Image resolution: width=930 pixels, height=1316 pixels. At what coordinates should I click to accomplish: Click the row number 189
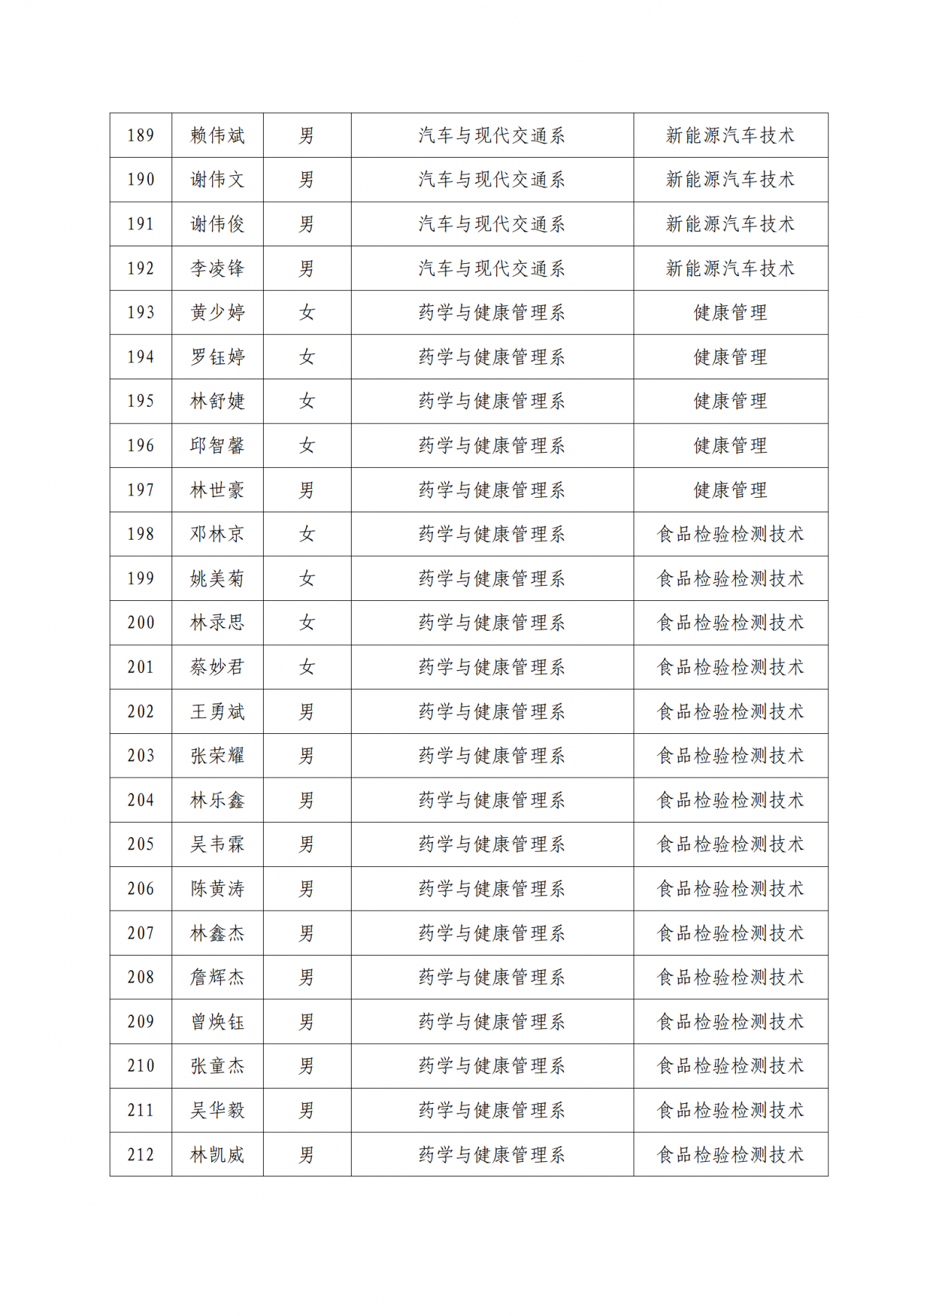point(141,135)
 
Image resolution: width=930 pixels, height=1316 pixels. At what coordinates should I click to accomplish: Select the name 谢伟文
point(217,179)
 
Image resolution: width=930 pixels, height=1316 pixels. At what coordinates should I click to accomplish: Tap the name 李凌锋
point(217,268)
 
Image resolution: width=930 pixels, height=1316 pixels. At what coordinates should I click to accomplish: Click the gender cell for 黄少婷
point(307,312)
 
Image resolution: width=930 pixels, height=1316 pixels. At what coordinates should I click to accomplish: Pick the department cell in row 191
point(492,224)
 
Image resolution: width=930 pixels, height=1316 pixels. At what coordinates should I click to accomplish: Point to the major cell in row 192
point(730,268)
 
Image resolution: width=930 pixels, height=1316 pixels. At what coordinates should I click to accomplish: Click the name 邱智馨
point(217,445)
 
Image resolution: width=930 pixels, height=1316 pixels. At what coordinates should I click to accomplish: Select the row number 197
point(141,490)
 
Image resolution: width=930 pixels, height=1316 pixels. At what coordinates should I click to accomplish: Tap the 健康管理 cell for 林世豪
point(730,490)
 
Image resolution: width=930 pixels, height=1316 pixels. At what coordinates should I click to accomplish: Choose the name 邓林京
point(217,534)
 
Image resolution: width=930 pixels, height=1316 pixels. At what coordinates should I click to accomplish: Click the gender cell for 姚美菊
point(307,578)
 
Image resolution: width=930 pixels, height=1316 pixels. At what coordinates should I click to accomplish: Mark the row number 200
point(141,623)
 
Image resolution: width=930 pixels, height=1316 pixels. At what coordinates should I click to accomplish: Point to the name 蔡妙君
point(217,667)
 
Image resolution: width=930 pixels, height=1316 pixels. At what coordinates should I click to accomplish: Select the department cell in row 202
point(492,711)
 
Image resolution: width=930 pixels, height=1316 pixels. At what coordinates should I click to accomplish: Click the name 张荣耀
point(217,756)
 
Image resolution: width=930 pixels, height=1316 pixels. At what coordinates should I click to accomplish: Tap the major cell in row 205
point(730,844)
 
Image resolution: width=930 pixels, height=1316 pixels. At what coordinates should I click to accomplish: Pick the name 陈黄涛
point(217,889)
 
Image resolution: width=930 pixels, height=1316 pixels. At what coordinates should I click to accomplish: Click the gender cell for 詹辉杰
point(307,977)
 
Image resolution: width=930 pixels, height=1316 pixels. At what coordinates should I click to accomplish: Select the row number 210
point(141,1066)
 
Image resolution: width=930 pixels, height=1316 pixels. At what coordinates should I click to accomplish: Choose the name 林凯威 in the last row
point(217,1155)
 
